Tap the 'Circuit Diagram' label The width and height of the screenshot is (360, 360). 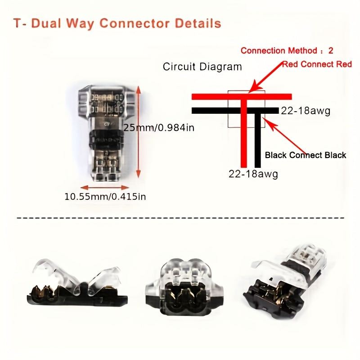point(202,67)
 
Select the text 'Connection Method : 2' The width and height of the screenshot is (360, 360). point(287,50)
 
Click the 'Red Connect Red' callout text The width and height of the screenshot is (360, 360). point(317,64)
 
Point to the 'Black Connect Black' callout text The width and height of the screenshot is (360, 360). point(306,155)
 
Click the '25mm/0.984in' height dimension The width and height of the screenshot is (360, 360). point(159,128)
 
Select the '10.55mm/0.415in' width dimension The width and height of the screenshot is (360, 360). point(105,196)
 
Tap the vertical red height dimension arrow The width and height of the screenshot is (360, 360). point(139,131)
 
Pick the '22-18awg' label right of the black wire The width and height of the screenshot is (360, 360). point(306,111)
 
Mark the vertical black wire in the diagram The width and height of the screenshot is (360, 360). point(258,139)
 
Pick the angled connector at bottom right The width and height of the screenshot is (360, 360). point(286,279)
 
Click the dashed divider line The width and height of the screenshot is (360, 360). point(180,218)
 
